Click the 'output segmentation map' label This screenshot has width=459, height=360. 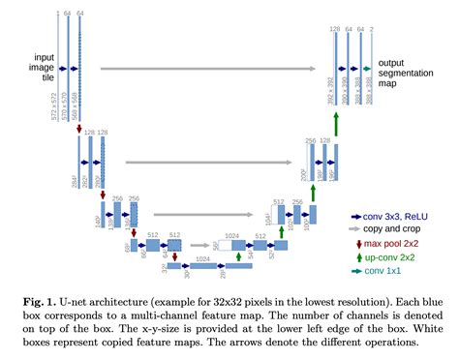(405, 72)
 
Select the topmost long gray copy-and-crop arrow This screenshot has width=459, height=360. (207, 69)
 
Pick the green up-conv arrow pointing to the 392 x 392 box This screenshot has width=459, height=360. (336, 123)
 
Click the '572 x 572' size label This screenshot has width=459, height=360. (52, 90)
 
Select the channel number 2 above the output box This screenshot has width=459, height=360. (373, 31)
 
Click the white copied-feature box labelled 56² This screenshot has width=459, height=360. (225, 246)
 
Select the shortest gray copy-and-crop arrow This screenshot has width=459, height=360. (194, 245)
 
